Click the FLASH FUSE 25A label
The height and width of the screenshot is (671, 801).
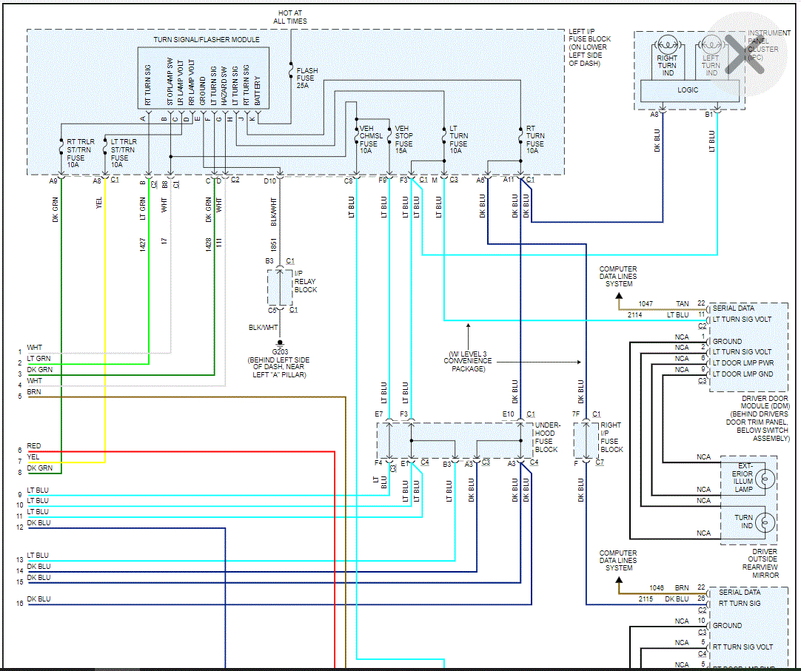tap(307, 78)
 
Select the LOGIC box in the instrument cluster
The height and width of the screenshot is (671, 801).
tap(688, 90)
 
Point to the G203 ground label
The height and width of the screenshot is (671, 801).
tap(281, 353)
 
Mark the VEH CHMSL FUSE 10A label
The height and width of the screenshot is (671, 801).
tap(371, 139)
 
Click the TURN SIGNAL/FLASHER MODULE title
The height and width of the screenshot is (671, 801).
tap(207, 39)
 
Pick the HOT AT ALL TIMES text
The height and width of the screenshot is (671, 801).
tap(290, 17)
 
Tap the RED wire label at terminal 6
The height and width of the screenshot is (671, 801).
tap(34, 446)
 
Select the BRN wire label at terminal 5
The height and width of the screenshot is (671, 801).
tap(34, 392)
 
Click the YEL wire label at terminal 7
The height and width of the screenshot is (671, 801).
tap(33, 457)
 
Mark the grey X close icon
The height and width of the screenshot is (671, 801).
tap(744, 54)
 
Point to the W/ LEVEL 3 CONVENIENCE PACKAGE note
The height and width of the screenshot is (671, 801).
tap(468, 360)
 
